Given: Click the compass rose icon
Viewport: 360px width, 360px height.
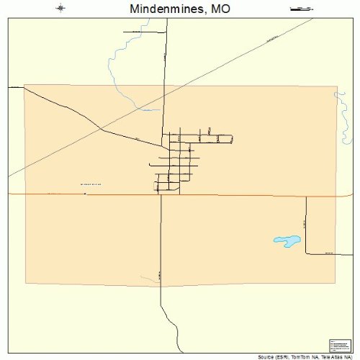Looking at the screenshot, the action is (x=60, y=9).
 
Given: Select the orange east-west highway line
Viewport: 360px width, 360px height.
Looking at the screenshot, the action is (x=238, y=194).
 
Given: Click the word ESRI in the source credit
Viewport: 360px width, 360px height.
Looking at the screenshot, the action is (x=288, y=356).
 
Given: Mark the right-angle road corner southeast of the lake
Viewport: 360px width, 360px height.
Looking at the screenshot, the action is (x=306, y=253).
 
